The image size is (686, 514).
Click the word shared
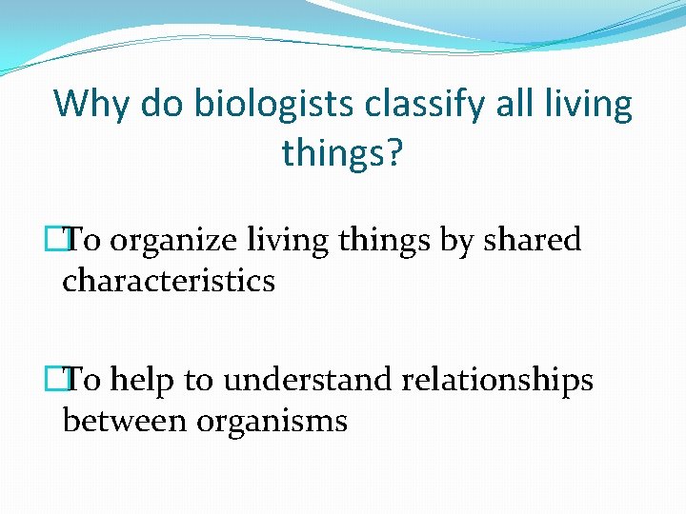(533, 241)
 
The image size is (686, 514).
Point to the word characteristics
(169, 282)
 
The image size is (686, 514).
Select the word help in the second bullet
(144, 381)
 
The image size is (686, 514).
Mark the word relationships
(497, 381)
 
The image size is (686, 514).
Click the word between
(125, 421)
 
